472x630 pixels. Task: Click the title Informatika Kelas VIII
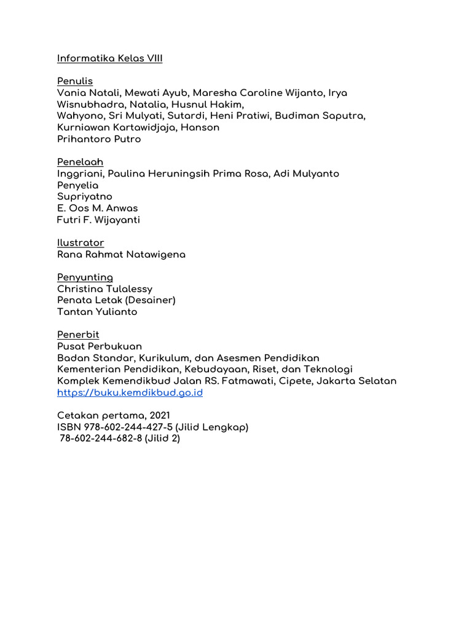pyautogui.click(x=109, y=58)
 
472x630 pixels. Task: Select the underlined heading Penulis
pyautogui.click(x=75, y=81)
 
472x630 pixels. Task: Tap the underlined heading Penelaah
pyautogui.click(x=81, y=162)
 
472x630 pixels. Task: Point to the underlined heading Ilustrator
pyautogui.click(x=81, y=242)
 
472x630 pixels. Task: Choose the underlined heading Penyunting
pyautogui.click(x=85, y=277)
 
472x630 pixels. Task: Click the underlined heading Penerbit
pyautogui.click(x=78, y=335)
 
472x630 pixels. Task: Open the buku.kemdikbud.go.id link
pyautogui.click(x=130, y=393)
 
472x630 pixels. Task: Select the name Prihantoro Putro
pyautogui.click(x=99, y=139)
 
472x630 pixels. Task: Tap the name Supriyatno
pyautogui.click(x=85, y=196)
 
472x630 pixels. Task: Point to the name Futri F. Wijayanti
pyautogui.click(x=98, y=220)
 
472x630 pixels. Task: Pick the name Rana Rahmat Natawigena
pyautogui.click(x=121, y=254)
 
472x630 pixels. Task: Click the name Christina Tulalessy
pyautogui.click(x=104, y=289)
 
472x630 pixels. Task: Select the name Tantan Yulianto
pyautogui.click(x=97, y=312)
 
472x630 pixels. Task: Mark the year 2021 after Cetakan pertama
pyautogui.click(x=159, y=415)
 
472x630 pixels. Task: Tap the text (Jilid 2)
pyautogui.click(x=162, y=439)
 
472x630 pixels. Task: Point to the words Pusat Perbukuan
pyautogui.click(x=100, y=346)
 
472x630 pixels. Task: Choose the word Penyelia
pyautogui.click(x=78, y=185)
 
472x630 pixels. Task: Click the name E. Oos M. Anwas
pyautogui.click(x=97, y=208)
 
